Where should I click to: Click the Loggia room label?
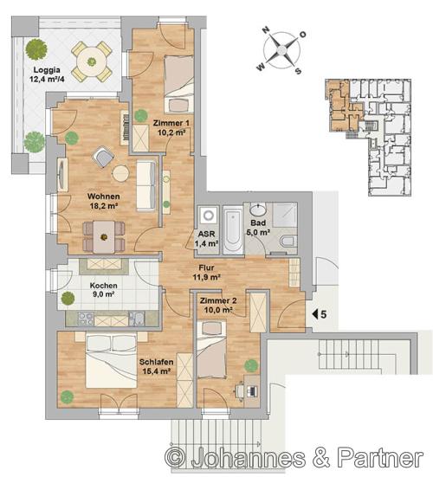pyautogui.click(x=47, y=70)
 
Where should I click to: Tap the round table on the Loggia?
pyautogui.click(x=92, y=62)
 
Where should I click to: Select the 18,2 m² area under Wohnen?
pyautogui.click(x=104, y=206)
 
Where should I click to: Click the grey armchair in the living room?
pyautogui.click(x=103, y=157)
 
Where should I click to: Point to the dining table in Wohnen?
pyautogui.click(x=104, y=237)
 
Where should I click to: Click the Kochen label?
pyautogui.click(x=103, y=286)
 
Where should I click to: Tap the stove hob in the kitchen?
pyautogui.click(x=86, y=319)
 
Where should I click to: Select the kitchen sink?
pyautogui.click(x=136, y=319)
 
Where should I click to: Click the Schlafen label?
pyautogui.click(x=157, y=362)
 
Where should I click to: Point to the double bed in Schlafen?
pyautogui.click(x=111, y=360)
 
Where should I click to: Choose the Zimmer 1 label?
pyautogui.click(x=171, y=123)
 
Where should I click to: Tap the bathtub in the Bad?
pyautogui.click(x=233, y=230)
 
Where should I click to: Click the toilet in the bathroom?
pyautogui.click(x=288, y=242)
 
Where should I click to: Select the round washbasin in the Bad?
pyautogui.click(x=258, y=209)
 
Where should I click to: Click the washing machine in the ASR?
pyautogui.click(x=209, y=216)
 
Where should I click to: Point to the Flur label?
pyautogui.click(x=206, y=268)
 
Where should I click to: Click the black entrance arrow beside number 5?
pyautogui.click(x=315, y=314)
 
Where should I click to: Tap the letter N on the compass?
pyautogui.click(x=266, y=29)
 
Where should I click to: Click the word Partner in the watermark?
pyautogui.click(x=380, y=458)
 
